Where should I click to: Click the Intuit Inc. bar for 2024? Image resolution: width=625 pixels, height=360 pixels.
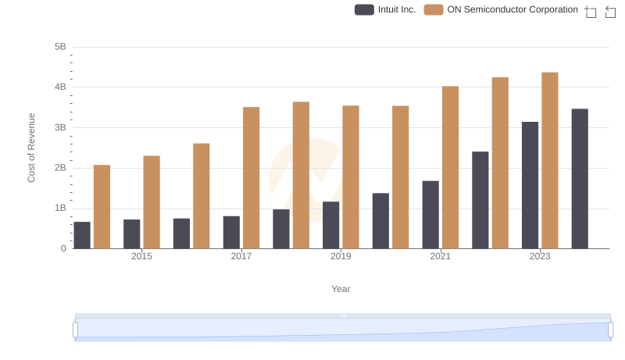click(x=580, y=179)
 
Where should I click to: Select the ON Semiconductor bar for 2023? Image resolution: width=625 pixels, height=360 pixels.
click(x=550, y=161)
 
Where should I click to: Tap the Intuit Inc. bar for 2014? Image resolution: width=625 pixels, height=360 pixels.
click(x=82, y=235)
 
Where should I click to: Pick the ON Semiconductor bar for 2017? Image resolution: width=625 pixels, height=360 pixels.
click(x=251, y=178)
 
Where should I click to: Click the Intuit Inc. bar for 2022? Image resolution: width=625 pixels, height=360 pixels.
click(x=480, y=200)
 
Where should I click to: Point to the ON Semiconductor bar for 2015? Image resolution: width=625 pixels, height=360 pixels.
click(x=152, y=202)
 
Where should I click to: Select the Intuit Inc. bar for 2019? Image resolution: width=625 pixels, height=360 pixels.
click(x=330, y=225)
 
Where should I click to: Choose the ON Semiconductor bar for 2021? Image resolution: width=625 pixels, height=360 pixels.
click(x=450, y=167)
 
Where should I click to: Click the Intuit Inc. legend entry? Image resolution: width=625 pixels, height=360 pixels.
click(x=385, y=9)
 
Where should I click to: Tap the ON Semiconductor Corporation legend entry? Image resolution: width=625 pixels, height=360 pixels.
click(x=502, y=9)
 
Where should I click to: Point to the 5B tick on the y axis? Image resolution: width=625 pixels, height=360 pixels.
click(x=60, y=47)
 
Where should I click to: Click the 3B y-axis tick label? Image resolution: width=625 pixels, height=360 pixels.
click(x=60, y=127)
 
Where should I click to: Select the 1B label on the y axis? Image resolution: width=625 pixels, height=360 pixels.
click(x=60, y=209)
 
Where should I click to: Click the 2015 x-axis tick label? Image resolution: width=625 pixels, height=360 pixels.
click(x=141, y=256)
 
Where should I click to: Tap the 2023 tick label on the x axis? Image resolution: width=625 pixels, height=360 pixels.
click(x=540, y=256)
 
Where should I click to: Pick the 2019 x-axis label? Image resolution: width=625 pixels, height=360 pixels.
click(x=341, y=256)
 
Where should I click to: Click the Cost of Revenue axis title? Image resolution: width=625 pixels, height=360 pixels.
click(x=32, y=148)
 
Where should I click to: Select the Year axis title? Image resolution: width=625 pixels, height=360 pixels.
click(x=341, y=289)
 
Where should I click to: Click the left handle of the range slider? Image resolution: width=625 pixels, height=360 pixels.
click(x=76, y=330)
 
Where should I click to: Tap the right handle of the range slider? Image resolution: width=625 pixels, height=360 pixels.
click(x=611, y=330)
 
